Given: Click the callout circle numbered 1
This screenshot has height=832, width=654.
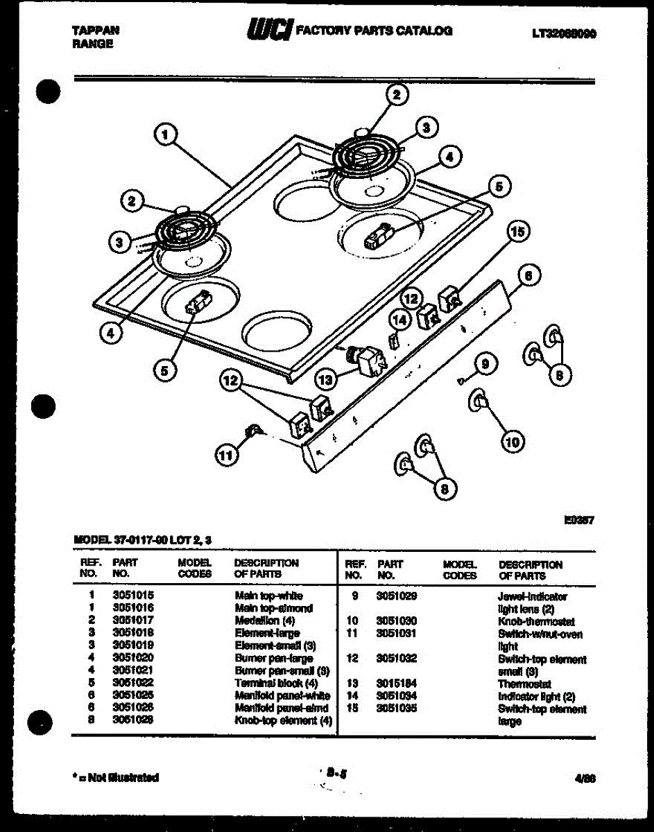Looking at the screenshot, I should coord(165,135).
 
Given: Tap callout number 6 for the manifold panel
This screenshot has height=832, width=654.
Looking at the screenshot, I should coord(528,276).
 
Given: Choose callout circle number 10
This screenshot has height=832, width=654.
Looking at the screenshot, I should coord(513,441).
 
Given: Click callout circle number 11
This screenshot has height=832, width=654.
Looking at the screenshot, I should coord(225,456).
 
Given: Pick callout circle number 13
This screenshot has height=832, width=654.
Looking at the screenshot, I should coord(325,379).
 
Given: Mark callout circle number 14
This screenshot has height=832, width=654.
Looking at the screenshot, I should coord(399,320).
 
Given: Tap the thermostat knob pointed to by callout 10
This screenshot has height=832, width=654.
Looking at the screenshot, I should coord(479,400).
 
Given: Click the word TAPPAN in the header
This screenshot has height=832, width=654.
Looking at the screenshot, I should coord(96,31).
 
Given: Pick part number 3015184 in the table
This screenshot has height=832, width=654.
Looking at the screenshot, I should coord(396,684).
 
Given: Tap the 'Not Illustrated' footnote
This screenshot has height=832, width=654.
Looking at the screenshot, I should coord(115,777).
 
